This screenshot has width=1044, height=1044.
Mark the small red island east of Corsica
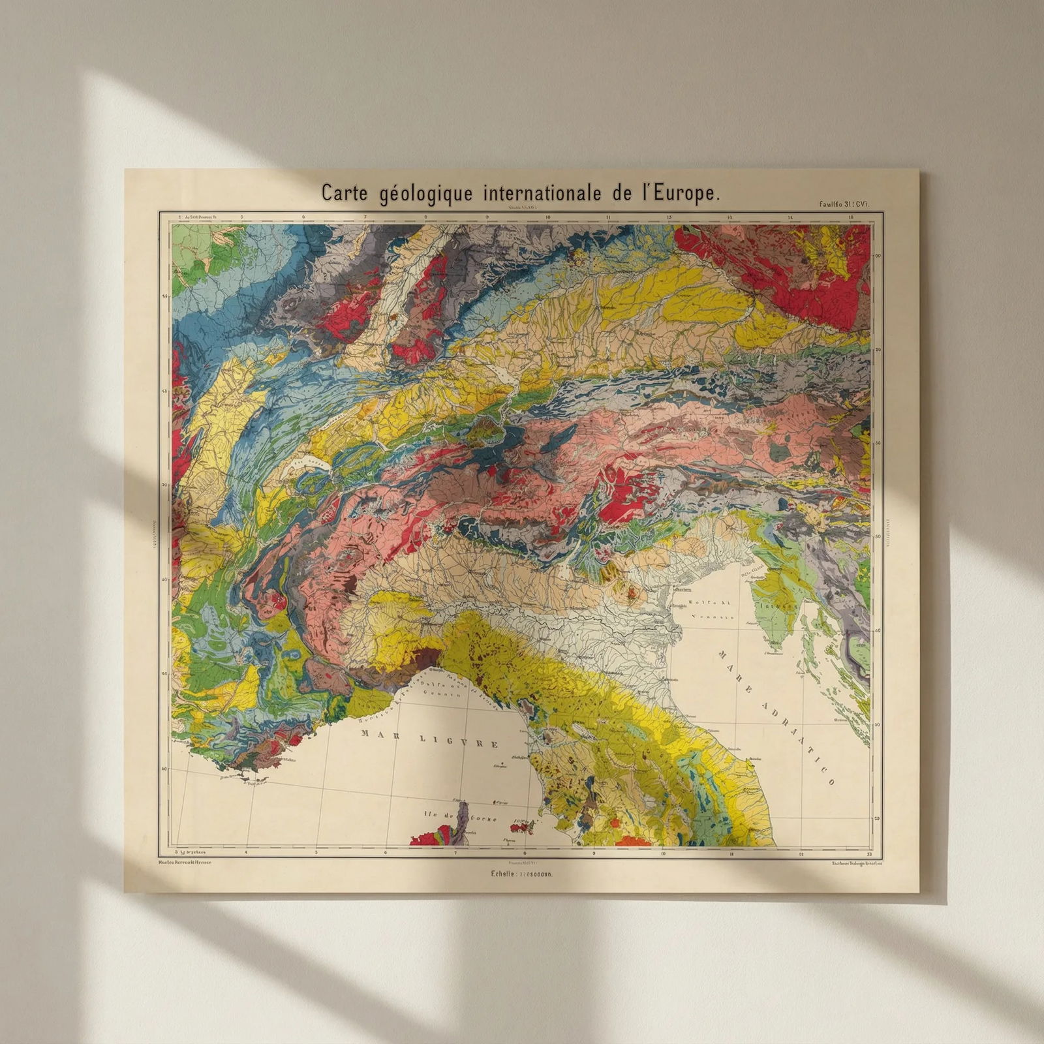pos(523,828)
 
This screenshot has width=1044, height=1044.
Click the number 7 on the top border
pos(365,217)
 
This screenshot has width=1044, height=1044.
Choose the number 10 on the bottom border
pos(663,852)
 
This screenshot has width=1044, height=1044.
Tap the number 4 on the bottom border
pos(246,852)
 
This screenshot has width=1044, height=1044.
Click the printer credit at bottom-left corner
pos(189,863)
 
